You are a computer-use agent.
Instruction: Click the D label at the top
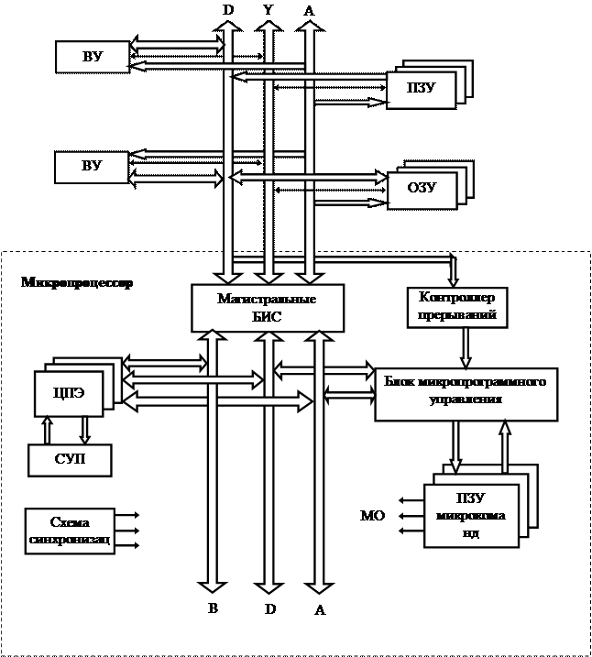click(226, 10)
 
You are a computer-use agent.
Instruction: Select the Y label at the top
click(267, 10)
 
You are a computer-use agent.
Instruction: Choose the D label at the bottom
click(269, 608)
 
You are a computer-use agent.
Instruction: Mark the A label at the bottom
click(320, 610)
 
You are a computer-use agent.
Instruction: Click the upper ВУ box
click(92, 57)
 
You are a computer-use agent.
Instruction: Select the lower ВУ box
click(92, 167)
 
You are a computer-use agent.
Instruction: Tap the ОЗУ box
click(421, 189)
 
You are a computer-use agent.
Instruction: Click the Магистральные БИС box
click(268, 307)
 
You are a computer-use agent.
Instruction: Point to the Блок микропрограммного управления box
click(466, 394)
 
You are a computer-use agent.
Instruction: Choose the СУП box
click(70, 459)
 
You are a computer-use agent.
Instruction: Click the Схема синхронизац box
click(70, 531)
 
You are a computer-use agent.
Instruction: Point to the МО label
click(371, 517)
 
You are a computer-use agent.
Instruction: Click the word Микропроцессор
click(77, 282)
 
